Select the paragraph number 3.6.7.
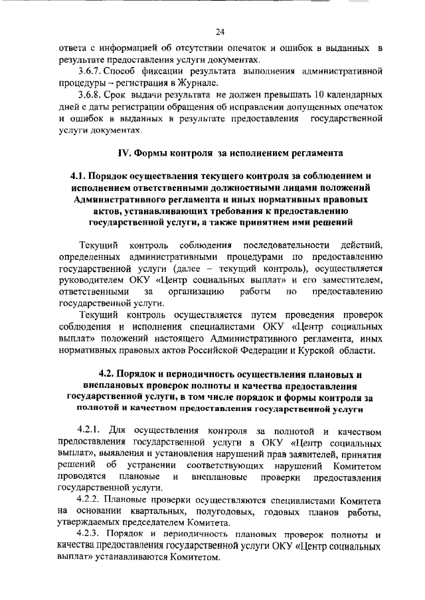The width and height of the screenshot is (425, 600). point(90,71)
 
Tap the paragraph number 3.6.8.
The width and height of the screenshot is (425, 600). point(90,95)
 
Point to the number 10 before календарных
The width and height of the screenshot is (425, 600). point(303,95)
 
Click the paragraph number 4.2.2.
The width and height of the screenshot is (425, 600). point(91,499)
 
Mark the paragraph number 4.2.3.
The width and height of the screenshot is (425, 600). point(91,535)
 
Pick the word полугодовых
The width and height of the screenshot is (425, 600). point(226,511)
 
